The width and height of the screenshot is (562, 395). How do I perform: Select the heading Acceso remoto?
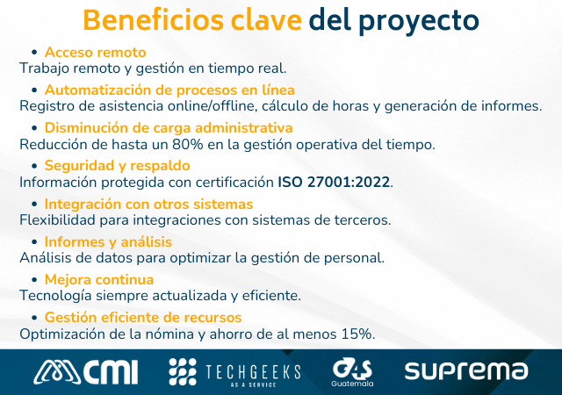[95, 53]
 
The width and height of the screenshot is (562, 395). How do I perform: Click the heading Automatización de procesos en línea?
[169, 90]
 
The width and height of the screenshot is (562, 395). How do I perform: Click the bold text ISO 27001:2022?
[334, 183]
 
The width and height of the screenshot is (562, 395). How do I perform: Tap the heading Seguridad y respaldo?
[117, 166]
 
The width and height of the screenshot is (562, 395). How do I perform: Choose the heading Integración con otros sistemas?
[148, 204]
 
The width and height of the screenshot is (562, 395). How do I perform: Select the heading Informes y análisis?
[108, 241]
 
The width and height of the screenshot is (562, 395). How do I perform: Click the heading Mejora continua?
[98, 279]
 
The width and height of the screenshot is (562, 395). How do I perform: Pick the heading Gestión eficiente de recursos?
[142, 317]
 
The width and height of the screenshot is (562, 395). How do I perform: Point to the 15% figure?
[357, 334]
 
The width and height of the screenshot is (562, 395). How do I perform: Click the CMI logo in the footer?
[86, 371]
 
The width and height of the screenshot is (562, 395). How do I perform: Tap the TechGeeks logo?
[234, 371]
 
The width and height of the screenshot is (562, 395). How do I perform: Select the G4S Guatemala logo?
[352, 371]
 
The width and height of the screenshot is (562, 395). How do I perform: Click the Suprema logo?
[465, 371]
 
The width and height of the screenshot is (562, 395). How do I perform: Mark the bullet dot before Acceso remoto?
[34, 54]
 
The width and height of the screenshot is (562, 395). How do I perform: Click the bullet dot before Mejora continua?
[34, 280]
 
